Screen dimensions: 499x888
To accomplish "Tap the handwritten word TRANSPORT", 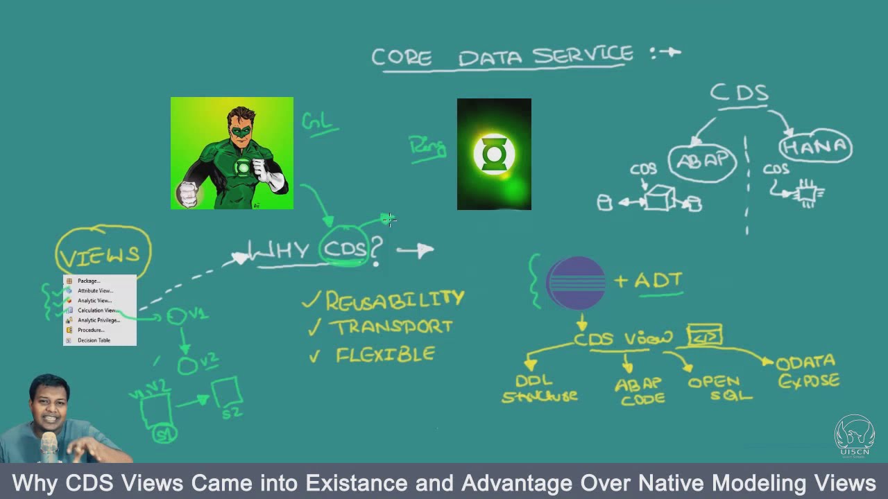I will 391,327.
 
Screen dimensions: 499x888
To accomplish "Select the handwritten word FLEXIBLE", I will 385,355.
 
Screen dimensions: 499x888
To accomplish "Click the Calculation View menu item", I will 96,310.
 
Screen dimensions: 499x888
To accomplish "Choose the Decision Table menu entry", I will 94,340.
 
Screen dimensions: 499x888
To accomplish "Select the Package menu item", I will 88,281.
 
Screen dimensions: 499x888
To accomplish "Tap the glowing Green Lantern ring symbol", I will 494,154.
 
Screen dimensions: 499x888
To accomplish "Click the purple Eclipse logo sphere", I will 576,283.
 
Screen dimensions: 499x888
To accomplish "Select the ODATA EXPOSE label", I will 808,372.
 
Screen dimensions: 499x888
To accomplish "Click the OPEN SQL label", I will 719,389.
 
